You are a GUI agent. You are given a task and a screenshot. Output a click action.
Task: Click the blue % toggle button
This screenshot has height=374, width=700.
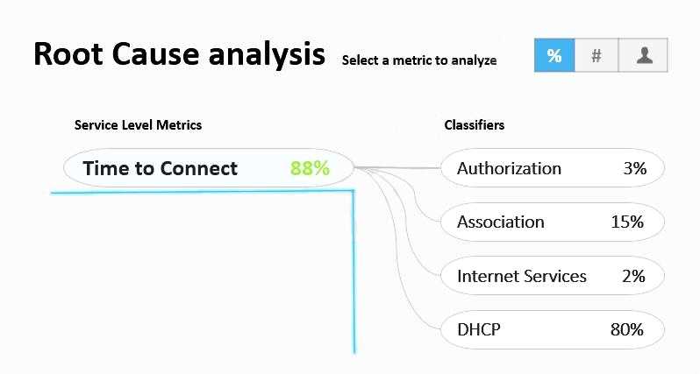tap(554, 55)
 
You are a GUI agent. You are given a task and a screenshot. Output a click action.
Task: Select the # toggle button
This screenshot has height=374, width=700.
tap(596, 55)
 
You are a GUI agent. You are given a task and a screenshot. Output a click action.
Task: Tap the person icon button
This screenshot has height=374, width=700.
tap(643, 55)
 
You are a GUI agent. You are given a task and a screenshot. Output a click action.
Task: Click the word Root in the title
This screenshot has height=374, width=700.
tap(68, 54)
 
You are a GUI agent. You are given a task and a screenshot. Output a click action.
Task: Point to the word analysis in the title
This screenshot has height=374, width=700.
tap(267, 55)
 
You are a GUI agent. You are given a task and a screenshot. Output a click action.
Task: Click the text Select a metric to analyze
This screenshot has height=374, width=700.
tap(419, 60)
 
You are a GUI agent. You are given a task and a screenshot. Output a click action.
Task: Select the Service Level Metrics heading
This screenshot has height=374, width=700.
tap(138, 125)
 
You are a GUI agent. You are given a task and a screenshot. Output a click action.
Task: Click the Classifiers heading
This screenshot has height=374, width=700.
tap(474, 125)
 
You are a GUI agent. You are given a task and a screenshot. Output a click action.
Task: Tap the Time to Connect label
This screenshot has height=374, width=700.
tap(161, 168)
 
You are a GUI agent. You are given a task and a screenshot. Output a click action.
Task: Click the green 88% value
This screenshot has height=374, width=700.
tap(310, 168)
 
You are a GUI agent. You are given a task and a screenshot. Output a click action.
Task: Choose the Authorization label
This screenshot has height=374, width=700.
tap(509, 168)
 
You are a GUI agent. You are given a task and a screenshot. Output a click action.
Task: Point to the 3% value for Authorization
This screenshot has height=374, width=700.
tap(635, 168)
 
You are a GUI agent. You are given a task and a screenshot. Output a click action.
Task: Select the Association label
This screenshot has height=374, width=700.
tap(501, 222)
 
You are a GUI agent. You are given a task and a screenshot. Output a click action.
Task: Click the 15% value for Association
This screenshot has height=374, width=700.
tap(627, 222)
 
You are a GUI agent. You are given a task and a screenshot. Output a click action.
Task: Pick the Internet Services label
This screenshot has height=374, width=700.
tap(521, 276)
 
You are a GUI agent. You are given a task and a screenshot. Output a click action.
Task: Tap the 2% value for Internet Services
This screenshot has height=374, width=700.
tap(633, 276)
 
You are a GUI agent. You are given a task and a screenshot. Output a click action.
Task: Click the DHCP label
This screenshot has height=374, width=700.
tap(479, 329)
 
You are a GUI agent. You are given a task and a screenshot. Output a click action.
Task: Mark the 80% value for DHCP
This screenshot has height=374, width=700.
tap(627, 329)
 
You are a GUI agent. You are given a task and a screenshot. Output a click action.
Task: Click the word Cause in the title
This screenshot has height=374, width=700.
tap(155, 54)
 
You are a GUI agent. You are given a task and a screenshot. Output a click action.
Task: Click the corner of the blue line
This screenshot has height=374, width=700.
tap(354, 191)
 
